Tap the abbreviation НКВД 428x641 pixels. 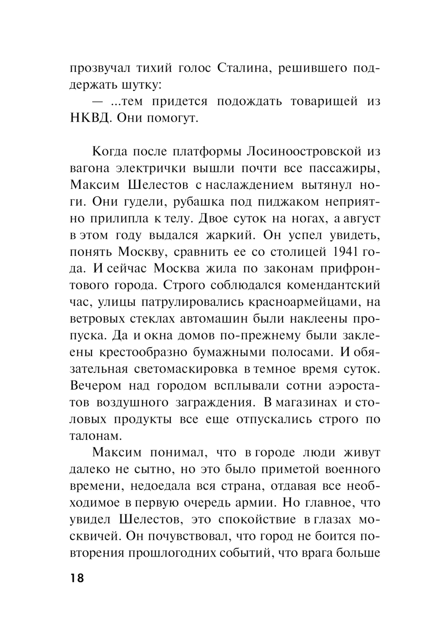coord(89,118)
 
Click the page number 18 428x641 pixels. coord(77,578)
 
